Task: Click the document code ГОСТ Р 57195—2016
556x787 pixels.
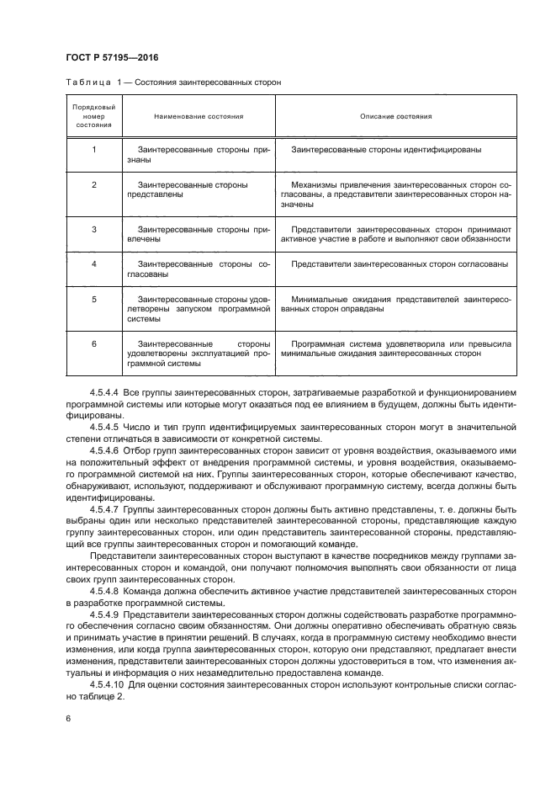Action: (111, 57)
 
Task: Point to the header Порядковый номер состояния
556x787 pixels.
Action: (93, 116)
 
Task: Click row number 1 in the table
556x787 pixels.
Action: (94, 150)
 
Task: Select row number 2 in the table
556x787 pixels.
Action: (94, 183)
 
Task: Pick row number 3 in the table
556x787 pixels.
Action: (94, 228)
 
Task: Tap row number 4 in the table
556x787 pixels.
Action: (94, 263)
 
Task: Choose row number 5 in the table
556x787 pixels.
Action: (94, 299)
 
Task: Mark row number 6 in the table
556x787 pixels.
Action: (94, 344)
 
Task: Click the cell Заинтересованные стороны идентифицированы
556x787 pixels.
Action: (386, 150)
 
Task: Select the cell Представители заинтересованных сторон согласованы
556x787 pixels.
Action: (399, 263)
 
